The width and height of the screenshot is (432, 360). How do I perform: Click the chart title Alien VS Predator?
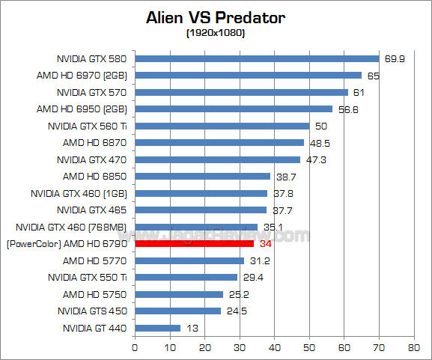[x=216, y=16]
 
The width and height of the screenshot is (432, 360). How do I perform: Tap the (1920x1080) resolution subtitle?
[x=216, y=34]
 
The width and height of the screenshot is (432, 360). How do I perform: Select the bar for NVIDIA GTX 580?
[x=257, y=58]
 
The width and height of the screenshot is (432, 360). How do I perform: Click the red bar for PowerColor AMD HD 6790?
[x=194, y=243]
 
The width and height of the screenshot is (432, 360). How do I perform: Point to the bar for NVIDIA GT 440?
[x=157, y=327]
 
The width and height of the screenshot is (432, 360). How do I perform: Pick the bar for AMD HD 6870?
[x=219, y=142]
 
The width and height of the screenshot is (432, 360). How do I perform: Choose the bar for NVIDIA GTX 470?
[x=217, y=159]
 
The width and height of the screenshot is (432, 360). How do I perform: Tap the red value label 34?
[x=265, y=243]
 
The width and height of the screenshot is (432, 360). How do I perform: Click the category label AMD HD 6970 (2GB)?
[x=82, y=75]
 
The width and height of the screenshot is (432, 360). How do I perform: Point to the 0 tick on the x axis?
[x=135, y=347]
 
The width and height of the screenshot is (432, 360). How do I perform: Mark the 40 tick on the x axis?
[x=274, y=347]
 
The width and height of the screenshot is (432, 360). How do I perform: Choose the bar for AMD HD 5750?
[x=179, y=293]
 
